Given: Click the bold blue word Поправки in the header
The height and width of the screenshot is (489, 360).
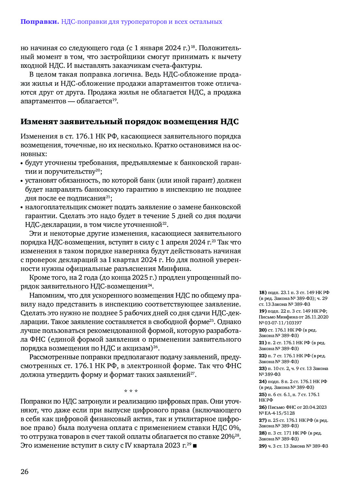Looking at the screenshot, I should [39, 22].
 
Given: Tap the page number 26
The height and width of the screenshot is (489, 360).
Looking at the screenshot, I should [24, 471].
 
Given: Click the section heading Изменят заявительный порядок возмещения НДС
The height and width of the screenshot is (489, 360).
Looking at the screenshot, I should [129, 122].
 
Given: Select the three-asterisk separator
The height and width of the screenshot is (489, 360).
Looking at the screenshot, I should [131, 391].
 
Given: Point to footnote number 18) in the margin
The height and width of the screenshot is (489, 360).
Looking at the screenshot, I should [262, 292].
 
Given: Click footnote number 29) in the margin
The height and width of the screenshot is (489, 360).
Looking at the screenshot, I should [262, 446].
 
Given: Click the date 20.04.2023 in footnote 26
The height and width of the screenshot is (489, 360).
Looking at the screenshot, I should [310, 407].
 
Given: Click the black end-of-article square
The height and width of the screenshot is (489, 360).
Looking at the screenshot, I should [195, 446].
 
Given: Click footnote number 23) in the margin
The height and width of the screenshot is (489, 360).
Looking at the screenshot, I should [262, 368].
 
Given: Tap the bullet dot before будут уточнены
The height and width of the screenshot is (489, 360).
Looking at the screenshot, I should [22, 163].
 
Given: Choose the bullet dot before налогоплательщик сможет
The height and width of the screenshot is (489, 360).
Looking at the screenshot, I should [22, 207].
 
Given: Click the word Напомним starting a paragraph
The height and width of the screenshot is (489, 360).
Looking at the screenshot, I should [45, 295].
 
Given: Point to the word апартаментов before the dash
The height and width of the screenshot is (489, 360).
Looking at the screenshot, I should [43, 101].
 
